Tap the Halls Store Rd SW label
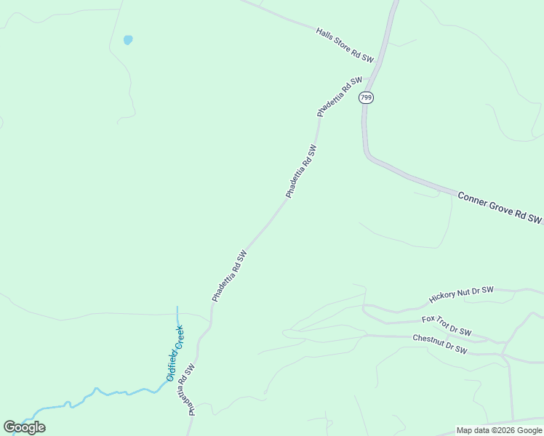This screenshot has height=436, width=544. point(345,45)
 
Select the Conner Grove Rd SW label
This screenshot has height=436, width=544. point(500,207)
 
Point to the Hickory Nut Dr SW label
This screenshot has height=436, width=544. point(461,294)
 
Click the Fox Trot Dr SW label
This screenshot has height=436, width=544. point(447,325)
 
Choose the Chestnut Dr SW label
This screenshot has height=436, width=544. point(439,344)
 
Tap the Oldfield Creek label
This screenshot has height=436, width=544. point(175,353)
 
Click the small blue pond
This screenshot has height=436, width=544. point(128,40)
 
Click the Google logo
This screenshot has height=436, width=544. point(24,427)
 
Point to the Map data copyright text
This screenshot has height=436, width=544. point(499,430)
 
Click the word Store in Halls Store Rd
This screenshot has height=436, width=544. point(343,44)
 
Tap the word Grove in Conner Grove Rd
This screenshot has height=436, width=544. point(501,208)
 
